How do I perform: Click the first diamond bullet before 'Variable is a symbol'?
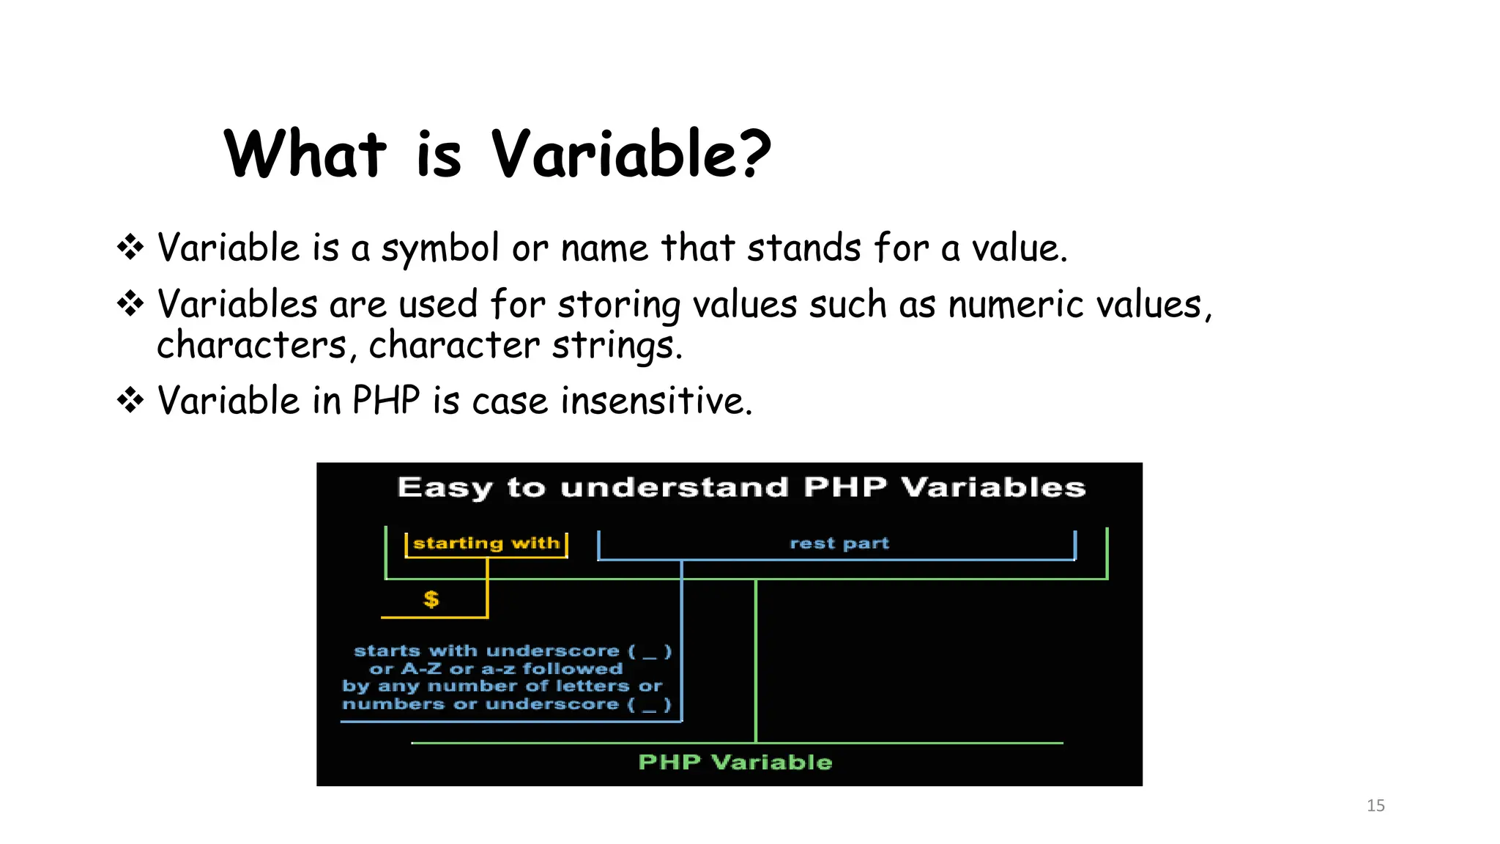click(130, 247)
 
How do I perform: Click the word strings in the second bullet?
click(615, 346)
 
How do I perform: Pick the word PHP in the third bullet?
click(386, 401)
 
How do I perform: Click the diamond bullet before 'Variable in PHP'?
click(130, 400)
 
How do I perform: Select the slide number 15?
click(1375, 805)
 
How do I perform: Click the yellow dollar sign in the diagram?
click(431, 599)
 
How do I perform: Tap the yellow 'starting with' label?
click(486, 543)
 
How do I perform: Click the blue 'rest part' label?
click(839, 544)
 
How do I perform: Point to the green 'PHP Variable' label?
click(735, 762)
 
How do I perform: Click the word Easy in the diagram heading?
click(445, 488)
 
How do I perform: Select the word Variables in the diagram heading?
click(993, 487)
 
